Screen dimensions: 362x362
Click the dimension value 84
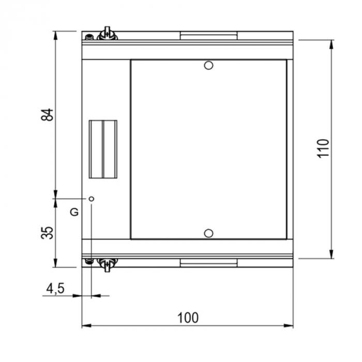[47, 115]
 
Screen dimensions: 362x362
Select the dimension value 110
[323, 148]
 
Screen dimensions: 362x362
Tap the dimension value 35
[47, 233]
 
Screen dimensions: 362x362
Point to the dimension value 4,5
[55, 289]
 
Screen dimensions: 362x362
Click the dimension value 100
[187, 318]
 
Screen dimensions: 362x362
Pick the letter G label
[74, 212]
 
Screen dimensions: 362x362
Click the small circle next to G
[92, 198]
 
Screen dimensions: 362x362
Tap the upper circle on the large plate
[208, 65]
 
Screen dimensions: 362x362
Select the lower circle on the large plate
[208, 233]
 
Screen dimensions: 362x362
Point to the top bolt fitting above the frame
[107, 34]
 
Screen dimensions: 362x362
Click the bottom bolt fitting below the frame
[107, 264]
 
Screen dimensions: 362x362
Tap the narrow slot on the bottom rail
[208, 263]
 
